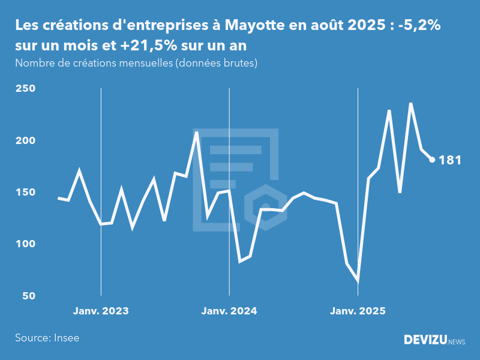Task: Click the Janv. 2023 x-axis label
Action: click(101, 311)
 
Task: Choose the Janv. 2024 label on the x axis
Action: click(229, 311)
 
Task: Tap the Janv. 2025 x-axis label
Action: click(358, 311)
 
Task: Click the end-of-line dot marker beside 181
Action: click(432, 160)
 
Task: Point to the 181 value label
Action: click(450, 160)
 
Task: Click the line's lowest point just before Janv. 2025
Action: click(358, 280)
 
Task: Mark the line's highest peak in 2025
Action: click(411, 103)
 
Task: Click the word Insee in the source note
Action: click(65, 338)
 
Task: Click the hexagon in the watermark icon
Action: click(265, 208)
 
